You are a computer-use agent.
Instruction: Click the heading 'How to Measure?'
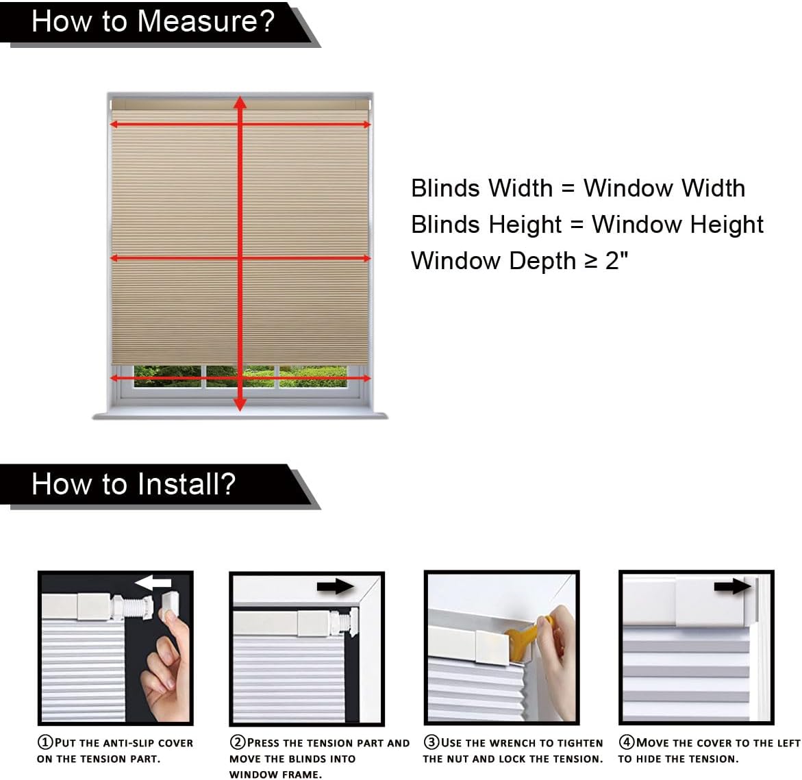[153, 21]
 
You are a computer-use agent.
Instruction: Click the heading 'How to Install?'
[134, 484]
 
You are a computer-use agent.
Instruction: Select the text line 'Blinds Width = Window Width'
[577, 188]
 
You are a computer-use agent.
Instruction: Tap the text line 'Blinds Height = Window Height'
[587, 225]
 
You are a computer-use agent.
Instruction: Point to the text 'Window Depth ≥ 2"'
[519, 261]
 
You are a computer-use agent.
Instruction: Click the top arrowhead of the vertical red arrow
[240, 102]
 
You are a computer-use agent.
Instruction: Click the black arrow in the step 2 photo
[335, 587]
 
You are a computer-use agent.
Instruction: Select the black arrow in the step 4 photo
[732, 587]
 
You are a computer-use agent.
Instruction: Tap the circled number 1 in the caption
[45, 742]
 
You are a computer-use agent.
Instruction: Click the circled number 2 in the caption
[238, 742]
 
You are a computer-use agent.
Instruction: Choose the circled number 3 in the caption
[431, 742]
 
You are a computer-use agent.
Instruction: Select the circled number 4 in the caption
[626, 742]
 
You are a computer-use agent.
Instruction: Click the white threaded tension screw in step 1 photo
[138, 607]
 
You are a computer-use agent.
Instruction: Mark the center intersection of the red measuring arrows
[240, 258]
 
